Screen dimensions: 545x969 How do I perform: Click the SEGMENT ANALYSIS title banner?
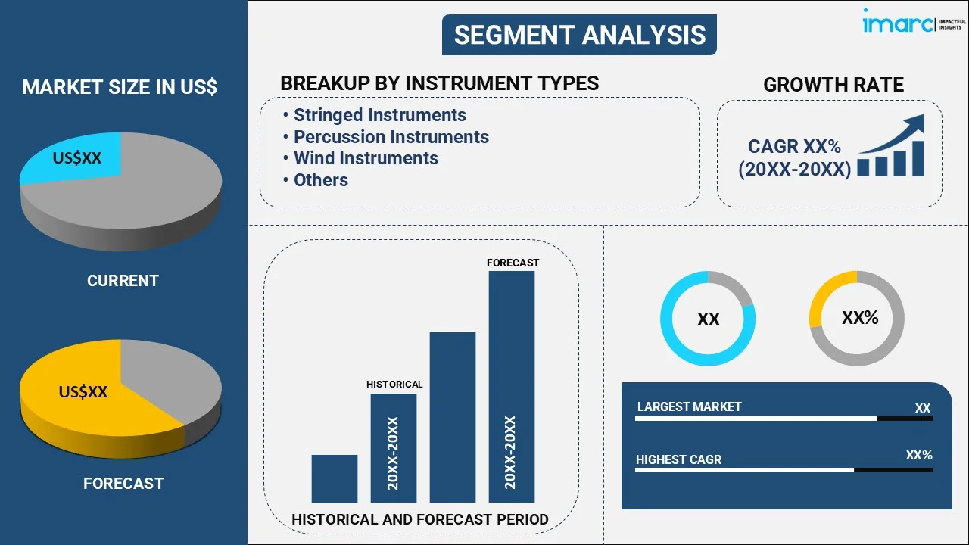tap(579, 35)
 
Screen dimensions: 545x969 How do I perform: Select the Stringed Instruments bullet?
tap(379, 115)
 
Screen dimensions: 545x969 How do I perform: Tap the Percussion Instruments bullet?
tap(391, 137)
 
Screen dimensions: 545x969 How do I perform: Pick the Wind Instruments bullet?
tap(366, 158)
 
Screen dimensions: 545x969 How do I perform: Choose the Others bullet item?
tap(320, 180)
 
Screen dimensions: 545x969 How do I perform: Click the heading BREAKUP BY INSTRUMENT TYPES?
tap(439, 83)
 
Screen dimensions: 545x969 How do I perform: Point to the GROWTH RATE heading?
tap(833, 85)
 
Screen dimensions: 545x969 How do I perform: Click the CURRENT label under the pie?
tap(123, 281)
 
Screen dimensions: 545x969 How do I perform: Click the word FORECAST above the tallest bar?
tap(513, 263)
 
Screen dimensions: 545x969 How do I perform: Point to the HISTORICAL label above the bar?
tap(394, 385)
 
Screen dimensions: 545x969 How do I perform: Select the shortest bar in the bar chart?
tap(334, 478)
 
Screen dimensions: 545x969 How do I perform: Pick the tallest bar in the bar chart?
tap(512, 386)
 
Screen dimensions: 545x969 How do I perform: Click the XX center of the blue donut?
tap(708, 319)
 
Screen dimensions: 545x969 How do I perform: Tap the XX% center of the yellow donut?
tap(859, 318)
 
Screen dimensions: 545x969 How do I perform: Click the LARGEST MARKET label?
tap(689, 406)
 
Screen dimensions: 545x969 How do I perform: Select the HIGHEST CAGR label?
tap(678, 459)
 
